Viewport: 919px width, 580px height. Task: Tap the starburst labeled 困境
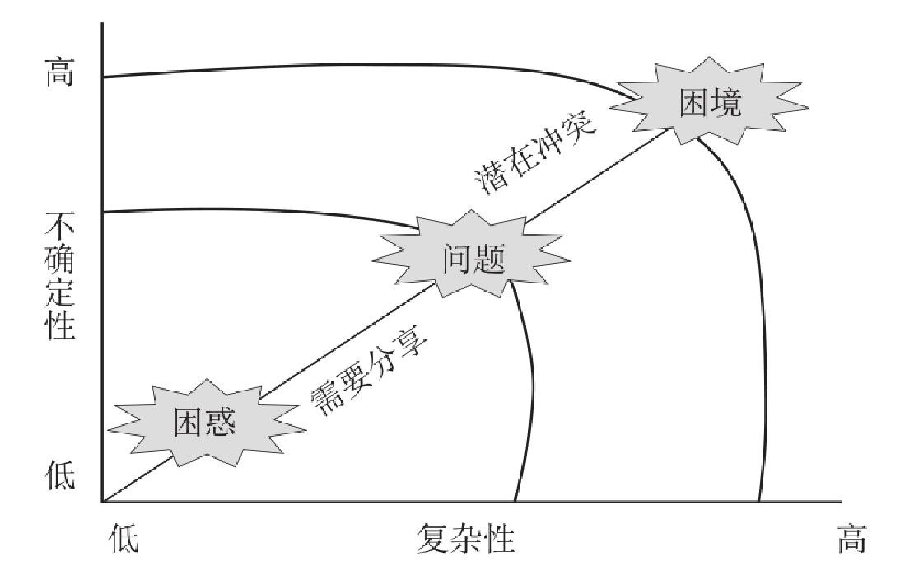click(711, 102)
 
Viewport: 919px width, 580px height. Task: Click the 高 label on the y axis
click(58, 76)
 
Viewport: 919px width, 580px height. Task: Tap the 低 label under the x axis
click(124, 541)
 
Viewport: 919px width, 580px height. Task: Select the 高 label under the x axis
click(851, 541)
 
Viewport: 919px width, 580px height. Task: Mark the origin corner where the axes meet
click(102, 501)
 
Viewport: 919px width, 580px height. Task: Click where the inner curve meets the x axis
click(515, 501)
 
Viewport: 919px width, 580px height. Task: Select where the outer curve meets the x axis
click(758, 501)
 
